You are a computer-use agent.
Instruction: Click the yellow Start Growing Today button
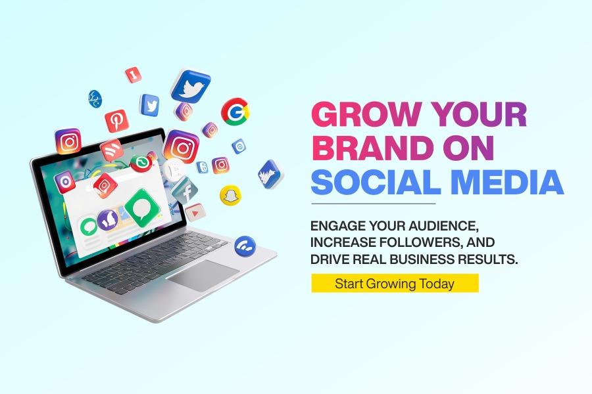click(395, 283)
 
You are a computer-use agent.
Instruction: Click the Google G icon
click(235, 112)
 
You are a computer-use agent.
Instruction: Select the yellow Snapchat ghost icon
click(230, 195)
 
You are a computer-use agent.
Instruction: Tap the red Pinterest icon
click(116, 121)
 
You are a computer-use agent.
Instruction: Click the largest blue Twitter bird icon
click(191, 86)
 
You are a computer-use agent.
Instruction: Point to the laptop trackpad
click(203, 275)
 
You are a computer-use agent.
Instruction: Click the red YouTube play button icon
click(195, 213)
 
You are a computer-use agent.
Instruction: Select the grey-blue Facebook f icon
click(185, 190)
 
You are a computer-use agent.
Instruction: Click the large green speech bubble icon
click(142, 208)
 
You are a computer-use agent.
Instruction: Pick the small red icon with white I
click(134, 75)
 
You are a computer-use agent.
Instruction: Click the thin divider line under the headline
click(374, 204)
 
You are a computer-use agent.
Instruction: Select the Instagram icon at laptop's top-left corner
click(68, 141)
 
